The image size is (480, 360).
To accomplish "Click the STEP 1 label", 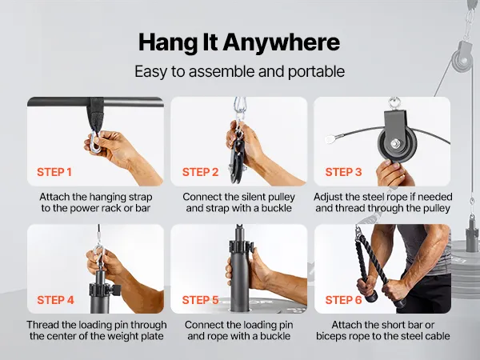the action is coord(54,172).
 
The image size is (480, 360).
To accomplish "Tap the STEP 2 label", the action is coord(200,172).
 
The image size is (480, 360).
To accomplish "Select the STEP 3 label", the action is coord(343,172).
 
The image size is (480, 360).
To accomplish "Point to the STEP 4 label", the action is coord(55,300).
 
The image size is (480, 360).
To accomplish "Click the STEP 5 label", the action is coord(200,300).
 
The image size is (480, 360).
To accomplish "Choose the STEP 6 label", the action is coord(343,300).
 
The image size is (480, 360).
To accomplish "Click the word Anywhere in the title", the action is coord(282,42).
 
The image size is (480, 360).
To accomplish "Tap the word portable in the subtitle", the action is coord(316,72).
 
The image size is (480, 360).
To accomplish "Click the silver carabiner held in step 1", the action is coord(95,142).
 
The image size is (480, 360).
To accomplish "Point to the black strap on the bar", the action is coord(97,114).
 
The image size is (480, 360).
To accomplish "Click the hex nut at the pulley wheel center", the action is coord(394,143).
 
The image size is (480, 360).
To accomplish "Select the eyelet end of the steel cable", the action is coord(330,139).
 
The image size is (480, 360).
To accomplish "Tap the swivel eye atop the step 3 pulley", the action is coord(394,102).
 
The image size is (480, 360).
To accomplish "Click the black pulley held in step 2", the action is coord(236,158).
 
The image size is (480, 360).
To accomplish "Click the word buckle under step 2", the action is coord(275,209).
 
